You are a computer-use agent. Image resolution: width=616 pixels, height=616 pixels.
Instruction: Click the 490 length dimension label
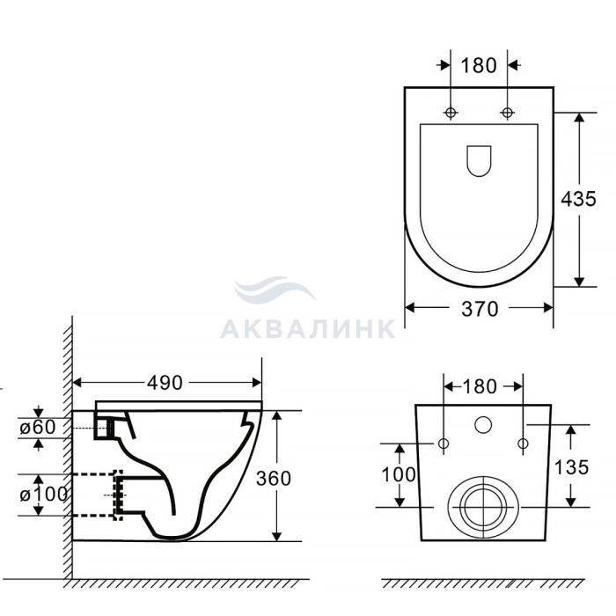[165, 382]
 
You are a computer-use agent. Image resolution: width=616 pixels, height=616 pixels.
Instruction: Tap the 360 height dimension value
[274, 478]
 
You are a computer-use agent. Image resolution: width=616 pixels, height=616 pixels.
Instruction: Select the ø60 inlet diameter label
[38, 428]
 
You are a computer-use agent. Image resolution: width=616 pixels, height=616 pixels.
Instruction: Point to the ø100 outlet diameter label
[44, 495]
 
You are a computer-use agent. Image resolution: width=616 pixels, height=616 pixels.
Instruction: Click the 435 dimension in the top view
[578, 199]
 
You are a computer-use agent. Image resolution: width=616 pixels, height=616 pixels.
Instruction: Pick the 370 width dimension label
[480, 309]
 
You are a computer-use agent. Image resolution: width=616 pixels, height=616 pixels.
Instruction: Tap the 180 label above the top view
[479, 65]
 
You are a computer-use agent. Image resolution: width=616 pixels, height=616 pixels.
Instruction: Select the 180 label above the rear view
[480, 386]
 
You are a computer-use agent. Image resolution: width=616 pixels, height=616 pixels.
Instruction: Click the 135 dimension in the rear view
[571, 467]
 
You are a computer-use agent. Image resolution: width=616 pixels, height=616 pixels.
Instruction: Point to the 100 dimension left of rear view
[399, 474]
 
